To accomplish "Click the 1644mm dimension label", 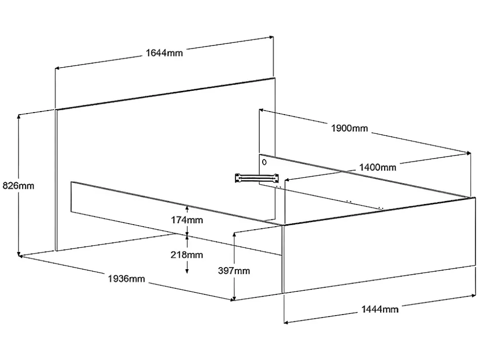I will (164, 53).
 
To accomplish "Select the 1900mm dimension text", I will (349, 128).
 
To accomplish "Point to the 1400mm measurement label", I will (377, 167).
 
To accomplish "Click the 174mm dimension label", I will (187, 220).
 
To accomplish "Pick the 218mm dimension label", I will (187, 255).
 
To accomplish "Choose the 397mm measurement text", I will (234, 271).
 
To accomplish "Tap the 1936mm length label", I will (126, 279).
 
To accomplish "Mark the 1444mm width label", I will (380, 309).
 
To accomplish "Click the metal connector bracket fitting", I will (256, 177).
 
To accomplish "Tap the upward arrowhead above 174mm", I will (187, 207).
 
